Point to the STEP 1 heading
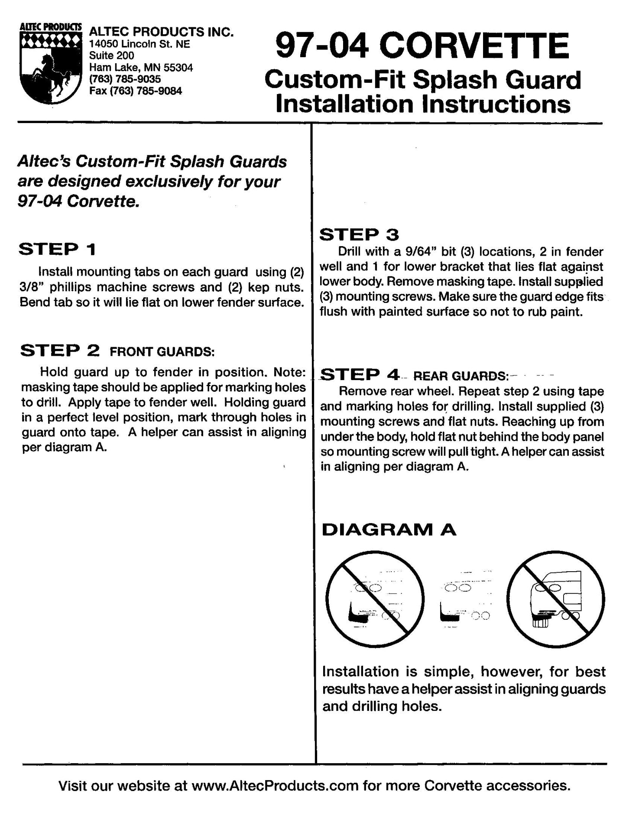pyautogui.click(x=57, y=249)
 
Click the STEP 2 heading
pyautogui.click(x=60, y=350)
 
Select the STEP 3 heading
pyautogui.click(x=359, y=235)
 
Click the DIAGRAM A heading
pyautogui.click(x=389, y=530)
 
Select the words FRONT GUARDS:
pyautogui.click(x=162, y=351)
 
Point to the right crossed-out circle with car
pyautogui.click(x=555, y=600)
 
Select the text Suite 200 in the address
pyautogui.click(x=111, y=55)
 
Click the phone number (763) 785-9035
pyautogui.click(x=125, y=79)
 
